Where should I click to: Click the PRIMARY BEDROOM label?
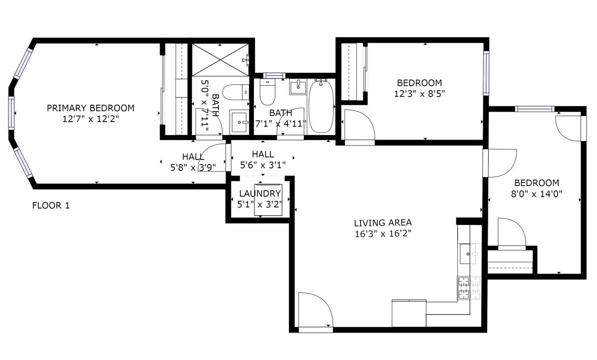91,108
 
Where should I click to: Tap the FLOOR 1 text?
51,205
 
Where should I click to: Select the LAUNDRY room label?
260,193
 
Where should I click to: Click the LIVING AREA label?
383,222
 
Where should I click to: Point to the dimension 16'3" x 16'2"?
383,234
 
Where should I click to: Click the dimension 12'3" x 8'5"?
419,94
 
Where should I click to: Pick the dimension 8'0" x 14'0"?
537,193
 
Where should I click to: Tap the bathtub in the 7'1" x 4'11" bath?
322,106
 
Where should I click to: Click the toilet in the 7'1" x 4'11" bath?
267,92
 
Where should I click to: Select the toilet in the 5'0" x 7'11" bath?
235,92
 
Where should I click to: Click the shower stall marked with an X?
219,60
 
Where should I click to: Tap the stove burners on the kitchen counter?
469,288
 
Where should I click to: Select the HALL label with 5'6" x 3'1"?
263,154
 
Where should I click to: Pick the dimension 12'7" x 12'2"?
91,119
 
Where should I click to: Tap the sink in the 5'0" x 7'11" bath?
239,122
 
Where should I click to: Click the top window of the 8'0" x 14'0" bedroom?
535,109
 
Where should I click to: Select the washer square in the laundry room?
268,200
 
